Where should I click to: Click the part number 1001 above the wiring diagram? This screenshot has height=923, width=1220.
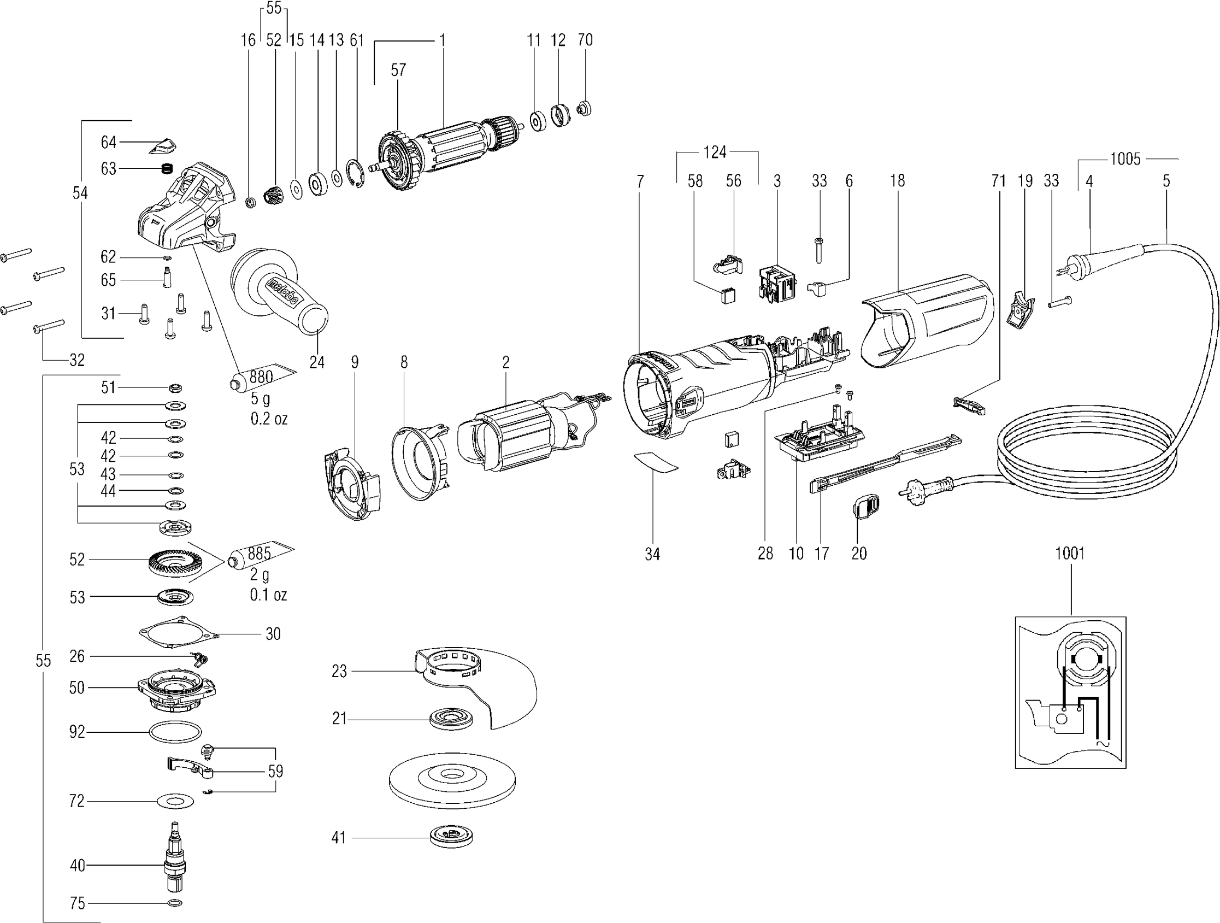click(x=1069, y=553)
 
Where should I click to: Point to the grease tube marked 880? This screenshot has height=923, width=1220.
click(x=259, y=378)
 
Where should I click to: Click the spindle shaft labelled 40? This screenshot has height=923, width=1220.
click(x=174, y=864)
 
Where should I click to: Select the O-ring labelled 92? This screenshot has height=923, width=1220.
click(x=174, y=732)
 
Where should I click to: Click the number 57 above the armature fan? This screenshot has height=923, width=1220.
click(x=398, y=70)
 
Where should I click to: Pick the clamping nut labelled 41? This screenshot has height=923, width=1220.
click(x=451, y=838)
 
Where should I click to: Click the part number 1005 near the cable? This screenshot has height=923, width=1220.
click(x=1125, y=159)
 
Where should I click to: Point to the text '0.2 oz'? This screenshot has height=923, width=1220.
click(x=269, y=419)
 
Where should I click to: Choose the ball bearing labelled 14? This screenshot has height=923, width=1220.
click(x=318, y=182)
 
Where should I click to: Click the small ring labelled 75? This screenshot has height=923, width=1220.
click(x=174, y=903)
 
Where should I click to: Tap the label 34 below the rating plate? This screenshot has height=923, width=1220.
click(x=652, y=554)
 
